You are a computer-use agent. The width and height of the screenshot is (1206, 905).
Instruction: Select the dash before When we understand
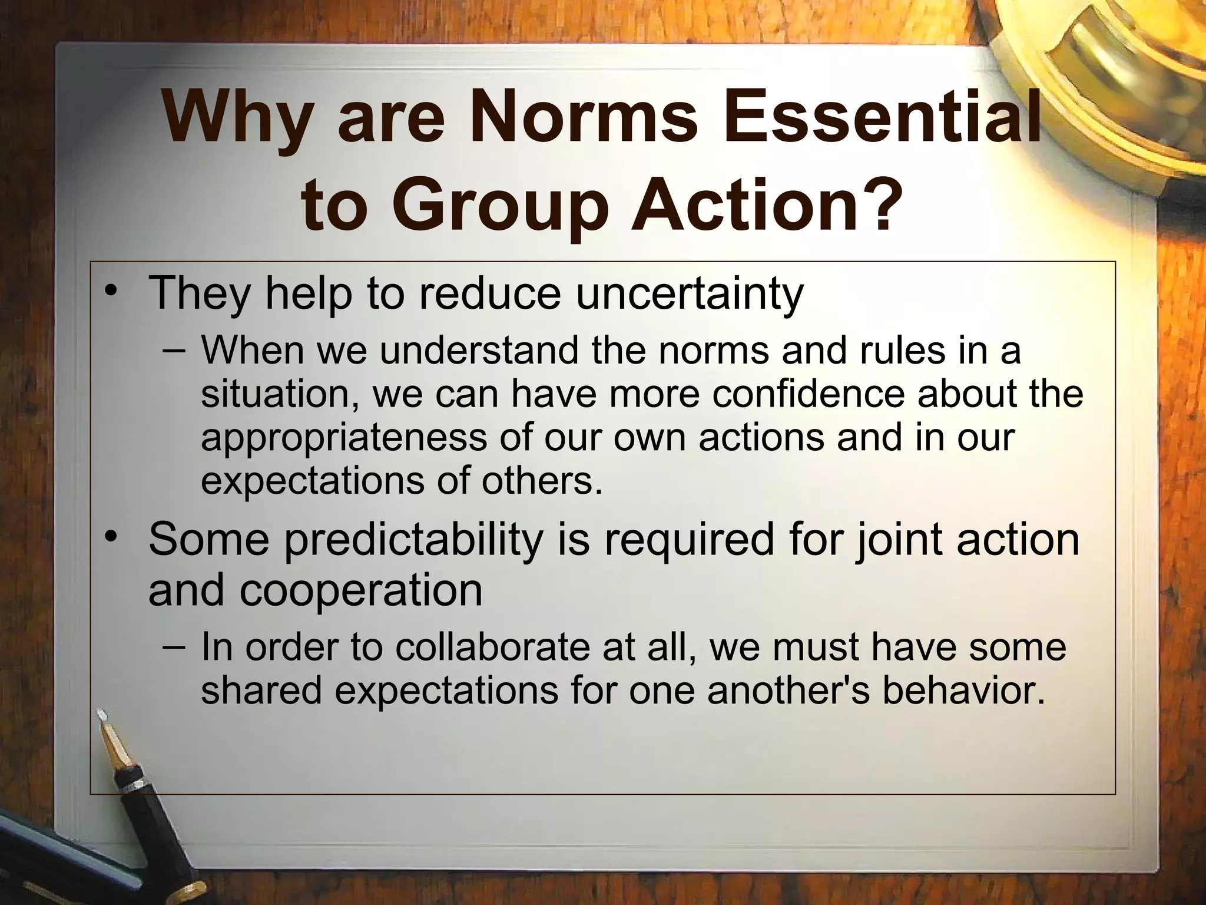click(x=174, y=349)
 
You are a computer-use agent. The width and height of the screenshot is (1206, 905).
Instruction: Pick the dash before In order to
click(x=174, y=646)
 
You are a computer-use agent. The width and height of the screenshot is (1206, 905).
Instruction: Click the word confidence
click(x=807, y=394)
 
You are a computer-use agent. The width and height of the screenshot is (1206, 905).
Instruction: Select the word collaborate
click(x=492, y=647)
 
